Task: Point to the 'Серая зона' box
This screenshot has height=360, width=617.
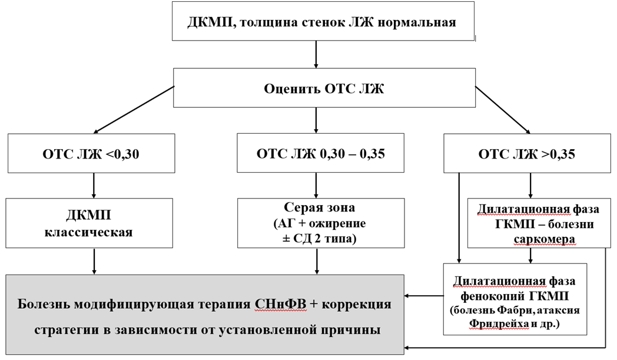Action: [x=321, y=222]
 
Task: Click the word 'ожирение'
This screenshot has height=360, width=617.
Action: [x=335, y=224]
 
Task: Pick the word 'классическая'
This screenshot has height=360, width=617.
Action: [x=89, y=232]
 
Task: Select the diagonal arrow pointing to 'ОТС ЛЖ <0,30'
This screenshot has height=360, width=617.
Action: [x=134, y=110]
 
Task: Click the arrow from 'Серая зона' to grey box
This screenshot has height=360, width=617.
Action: [x=318, y=260]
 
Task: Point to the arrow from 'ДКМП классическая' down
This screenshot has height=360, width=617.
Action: [x=94, y=260]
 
